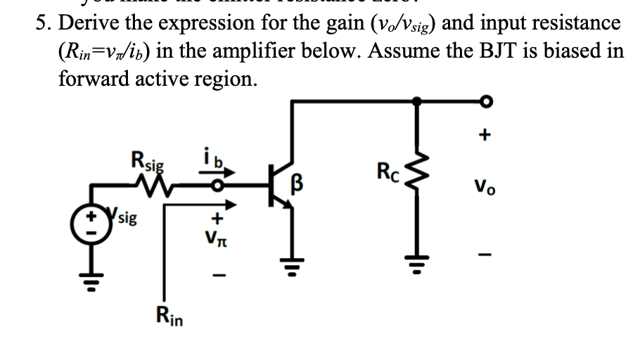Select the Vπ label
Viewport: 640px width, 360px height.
(x=219, y=241)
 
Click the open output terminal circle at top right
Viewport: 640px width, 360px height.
(x=484, y=103)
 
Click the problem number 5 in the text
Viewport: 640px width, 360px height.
(x=44, y=23)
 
